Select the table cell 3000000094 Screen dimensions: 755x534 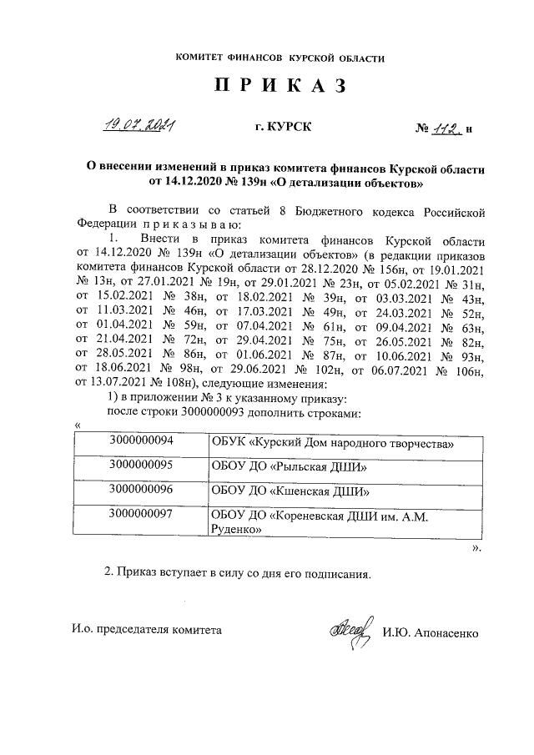(x=147, y=440)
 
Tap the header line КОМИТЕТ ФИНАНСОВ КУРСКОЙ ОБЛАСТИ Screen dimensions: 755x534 (x=280, y=58)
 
